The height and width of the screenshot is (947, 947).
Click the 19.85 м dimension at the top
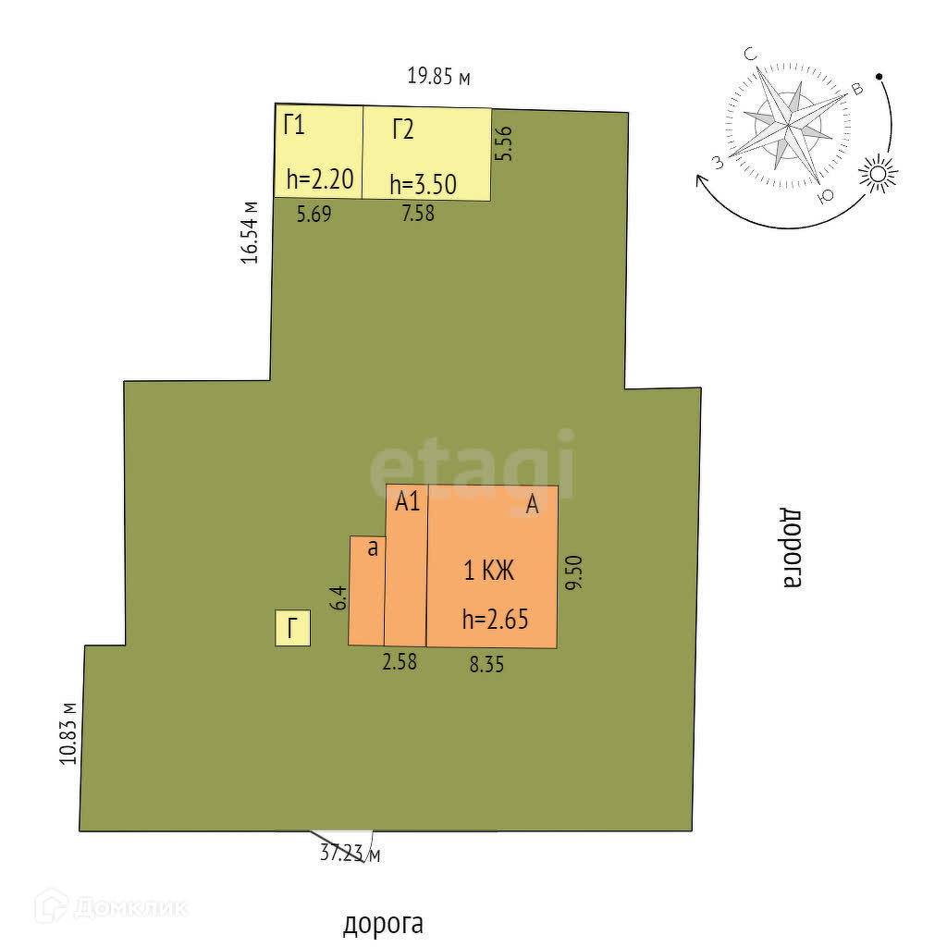pyautogui.click(x=438, y=77)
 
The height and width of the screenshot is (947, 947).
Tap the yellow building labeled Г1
pyautogui.click(x=318, y=151)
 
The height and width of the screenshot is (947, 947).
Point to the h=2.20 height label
pyautogui.click(x=320, y=179)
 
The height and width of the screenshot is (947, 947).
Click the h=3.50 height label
pyautogui.click(x=423, y=184)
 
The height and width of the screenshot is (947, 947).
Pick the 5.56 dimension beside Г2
pyautogui.click(x=505, y=143)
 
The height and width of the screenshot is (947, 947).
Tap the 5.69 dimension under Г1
pyautogui.click(x=314, y=215)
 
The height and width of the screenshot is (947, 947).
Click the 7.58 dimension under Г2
pyautogui.click(x=416, y=215)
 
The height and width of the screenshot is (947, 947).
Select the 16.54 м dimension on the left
pyautogui.click(x=250, y=232)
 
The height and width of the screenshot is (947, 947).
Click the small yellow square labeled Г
pyautogui.click(x=293, y=630)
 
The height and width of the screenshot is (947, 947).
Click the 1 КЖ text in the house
pyautogui.click(x=488, y=572)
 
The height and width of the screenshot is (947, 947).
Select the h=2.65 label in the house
pyautogui.click(x=495, y=620)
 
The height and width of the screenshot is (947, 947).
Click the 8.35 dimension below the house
pyautogui.click(x=486, y=664)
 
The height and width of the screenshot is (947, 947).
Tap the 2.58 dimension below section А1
pyautogui.click(x=400, y=662)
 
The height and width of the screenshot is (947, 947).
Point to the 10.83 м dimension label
pyautogui.click(x=67, y=732)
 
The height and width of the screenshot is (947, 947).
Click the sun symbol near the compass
pyautogui.click(x=878, y=174)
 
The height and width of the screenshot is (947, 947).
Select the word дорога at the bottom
pyautogui.click(x=383, y=923)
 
